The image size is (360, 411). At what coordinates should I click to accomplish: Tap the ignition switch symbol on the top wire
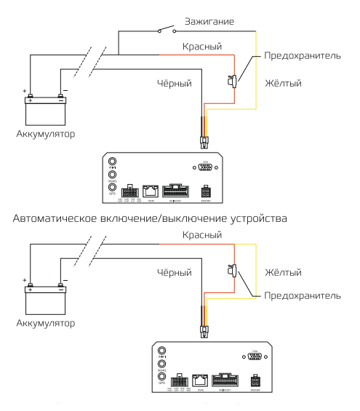click(165, 30)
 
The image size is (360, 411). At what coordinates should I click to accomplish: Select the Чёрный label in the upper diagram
click(175, 84)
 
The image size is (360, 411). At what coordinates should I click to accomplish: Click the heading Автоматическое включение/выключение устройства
click(180, 217)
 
